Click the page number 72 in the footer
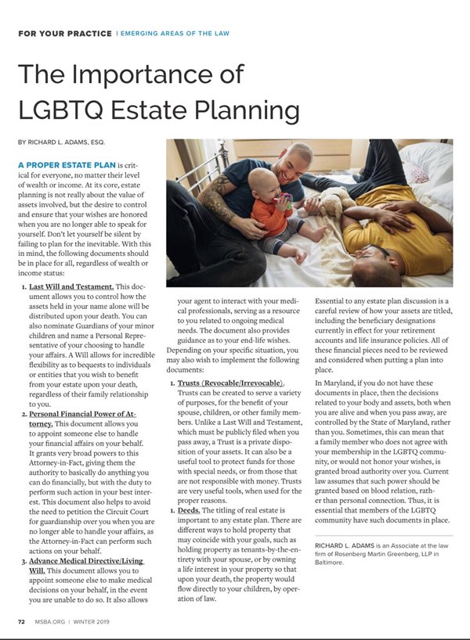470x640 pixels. pyautogui.click(x=21, y=621)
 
